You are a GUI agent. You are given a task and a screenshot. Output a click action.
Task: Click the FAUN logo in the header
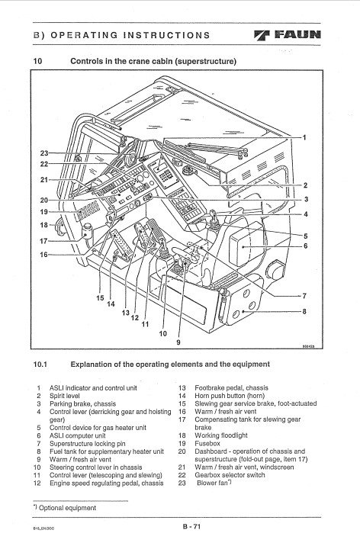click(288, 35)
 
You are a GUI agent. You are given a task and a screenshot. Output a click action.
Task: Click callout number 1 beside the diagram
click(304, 137)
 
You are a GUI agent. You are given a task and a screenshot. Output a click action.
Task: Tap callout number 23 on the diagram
click(44, 153)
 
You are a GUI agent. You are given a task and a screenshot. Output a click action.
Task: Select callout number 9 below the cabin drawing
click(178, 342)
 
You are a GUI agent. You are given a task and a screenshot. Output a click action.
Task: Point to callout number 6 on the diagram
click(305, 246)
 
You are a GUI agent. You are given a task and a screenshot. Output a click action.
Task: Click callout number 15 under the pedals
click(100, 297)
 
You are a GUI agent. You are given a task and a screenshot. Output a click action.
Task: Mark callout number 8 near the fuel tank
click(304, 311)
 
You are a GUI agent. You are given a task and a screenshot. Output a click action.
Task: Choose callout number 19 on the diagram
click(44, 212)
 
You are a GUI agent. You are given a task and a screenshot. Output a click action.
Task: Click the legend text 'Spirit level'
click(64, 396)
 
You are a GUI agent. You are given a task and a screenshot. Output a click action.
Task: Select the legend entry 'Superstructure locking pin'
click(87, 444)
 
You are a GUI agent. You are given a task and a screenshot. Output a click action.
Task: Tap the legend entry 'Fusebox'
click(207, 443)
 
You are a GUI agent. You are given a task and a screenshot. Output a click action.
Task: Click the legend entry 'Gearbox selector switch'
click(230, 475)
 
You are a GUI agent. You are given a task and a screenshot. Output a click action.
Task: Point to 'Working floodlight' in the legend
click(221, 435)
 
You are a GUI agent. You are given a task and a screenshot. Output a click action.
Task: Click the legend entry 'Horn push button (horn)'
click(230, 396)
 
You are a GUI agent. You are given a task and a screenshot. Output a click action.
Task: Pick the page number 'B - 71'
click(192, 526)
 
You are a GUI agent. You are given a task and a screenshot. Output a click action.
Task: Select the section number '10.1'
click(40, 365)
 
